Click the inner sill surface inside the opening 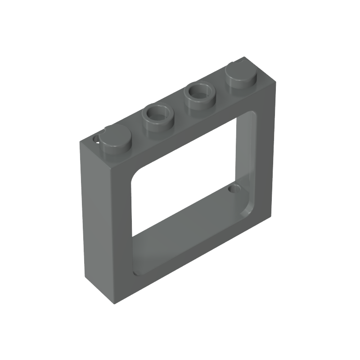pyautogui.click(x=189, y=229)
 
